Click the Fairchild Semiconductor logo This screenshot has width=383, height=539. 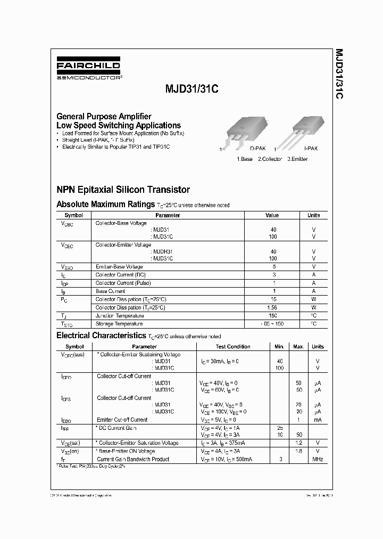pos(89,69)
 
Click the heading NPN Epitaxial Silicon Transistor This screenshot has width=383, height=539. pos(123,190)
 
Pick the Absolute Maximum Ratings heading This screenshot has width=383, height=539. pos(105,204)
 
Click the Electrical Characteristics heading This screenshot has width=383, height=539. pos(101,336)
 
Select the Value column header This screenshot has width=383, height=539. pos(272,215)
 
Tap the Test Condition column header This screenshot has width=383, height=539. pos(232,347)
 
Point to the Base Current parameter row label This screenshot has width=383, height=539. pos(110,291)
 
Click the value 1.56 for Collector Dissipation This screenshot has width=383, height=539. pos(273,307)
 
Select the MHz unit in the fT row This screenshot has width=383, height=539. pos(317,459)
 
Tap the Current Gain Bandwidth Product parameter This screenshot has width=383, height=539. pos(132,459)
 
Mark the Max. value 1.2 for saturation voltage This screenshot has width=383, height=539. pos(298,443)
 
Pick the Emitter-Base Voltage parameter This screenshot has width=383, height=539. pos(119,266)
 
